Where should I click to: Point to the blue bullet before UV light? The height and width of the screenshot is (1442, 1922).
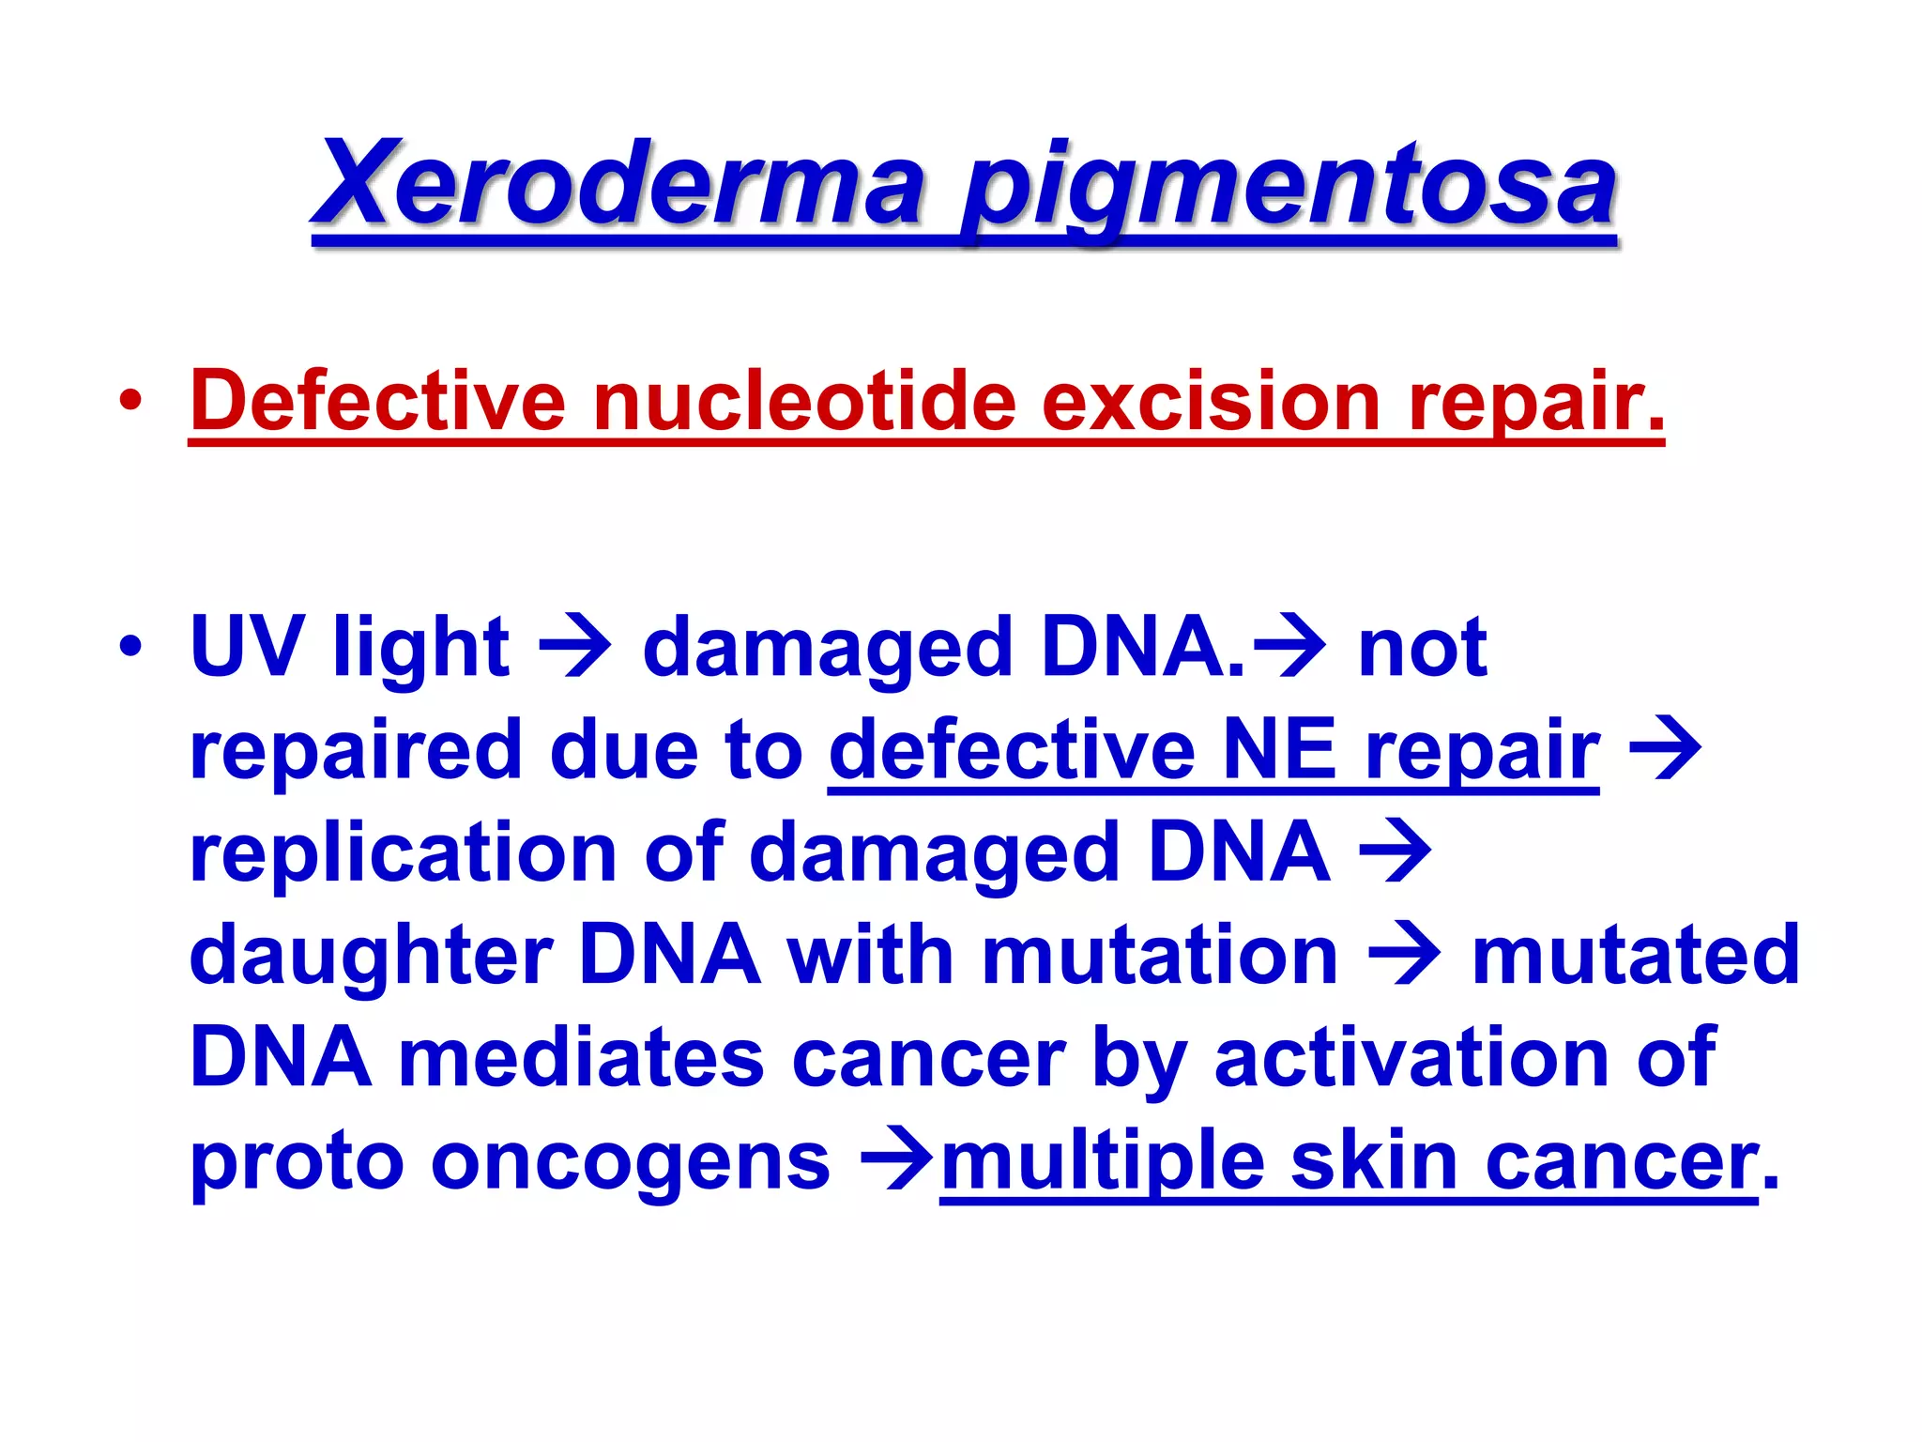[x=130, y=647]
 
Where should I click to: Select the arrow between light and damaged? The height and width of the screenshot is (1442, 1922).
[x=575, y=648]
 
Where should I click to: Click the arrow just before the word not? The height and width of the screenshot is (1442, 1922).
[x=1290, y=648]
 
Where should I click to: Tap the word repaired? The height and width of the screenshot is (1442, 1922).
[x=356, y=751]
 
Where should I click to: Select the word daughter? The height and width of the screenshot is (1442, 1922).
[x=372, y=956]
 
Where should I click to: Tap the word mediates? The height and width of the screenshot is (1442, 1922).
[x=582, y=1058]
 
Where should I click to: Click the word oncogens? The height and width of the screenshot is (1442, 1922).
[x=631, y=1162]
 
